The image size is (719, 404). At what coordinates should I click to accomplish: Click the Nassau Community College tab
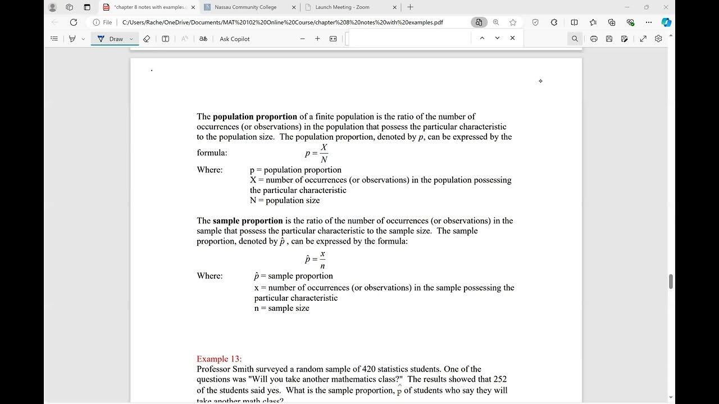click(x=245, y=7)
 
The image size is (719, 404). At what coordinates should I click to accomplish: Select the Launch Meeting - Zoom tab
click(x=342, y=7)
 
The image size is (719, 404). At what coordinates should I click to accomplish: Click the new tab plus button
click(x=410, y=7)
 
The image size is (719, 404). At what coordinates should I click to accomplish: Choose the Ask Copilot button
click(x=234, y=39)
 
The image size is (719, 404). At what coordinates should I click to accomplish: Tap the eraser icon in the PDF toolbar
click(x=147, y=39)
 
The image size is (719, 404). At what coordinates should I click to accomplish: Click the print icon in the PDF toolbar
click(x=594, y=39)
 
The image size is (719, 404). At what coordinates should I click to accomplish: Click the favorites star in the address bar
click(x=513, y=22)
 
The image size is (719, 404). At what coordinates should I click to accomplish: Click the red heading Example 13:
click(x=219, y=359)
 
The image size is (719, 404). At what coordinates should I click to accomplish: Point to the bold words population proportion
click(x=255, y=117)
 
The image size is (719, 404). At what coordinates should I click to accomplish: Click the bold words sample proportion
click(x=248, y=221)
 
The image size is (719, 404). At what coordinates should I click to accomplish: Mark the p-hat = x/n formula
click(x=316, y=260)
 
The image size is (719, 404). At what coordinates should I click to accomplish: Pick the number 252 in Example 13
click(x=500, y=379)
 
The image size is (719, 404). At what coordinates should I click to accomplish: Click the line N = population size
click(x=285, y=200)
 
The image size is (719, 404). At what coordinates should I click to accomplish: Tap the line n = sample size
click(x=281, y=308)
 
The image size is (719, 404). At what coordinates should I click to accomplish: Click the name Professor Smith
click(x=224, y=369)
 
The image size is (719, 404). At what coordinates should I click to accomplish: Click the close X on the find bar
click(x=512, y=38)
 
